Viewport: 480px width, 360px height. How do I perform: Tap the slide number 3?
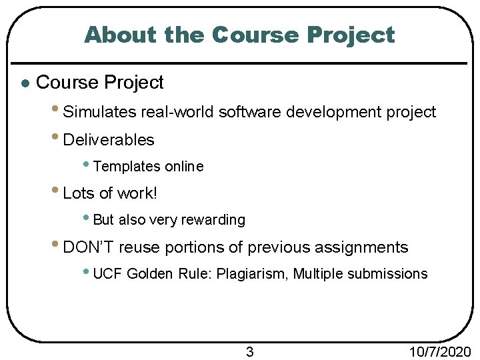pyautogui.click(x=249, y=352)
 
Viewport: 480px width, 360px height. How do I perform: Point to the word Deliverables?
pyautogui.click(x=108, y=140)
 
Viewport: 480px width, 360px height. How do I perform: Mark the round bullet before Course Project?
pyautogui.click(x=24, y=84)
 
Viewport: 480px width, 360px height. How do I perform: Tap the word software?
pyautogui.click(x=250, y=112)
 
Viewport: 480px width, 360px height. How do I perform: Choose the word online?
pyautogui.click(x=184, y=167)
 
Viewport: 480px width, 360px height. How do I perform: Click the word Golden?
pyautogui.click(x=148, y=274)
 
